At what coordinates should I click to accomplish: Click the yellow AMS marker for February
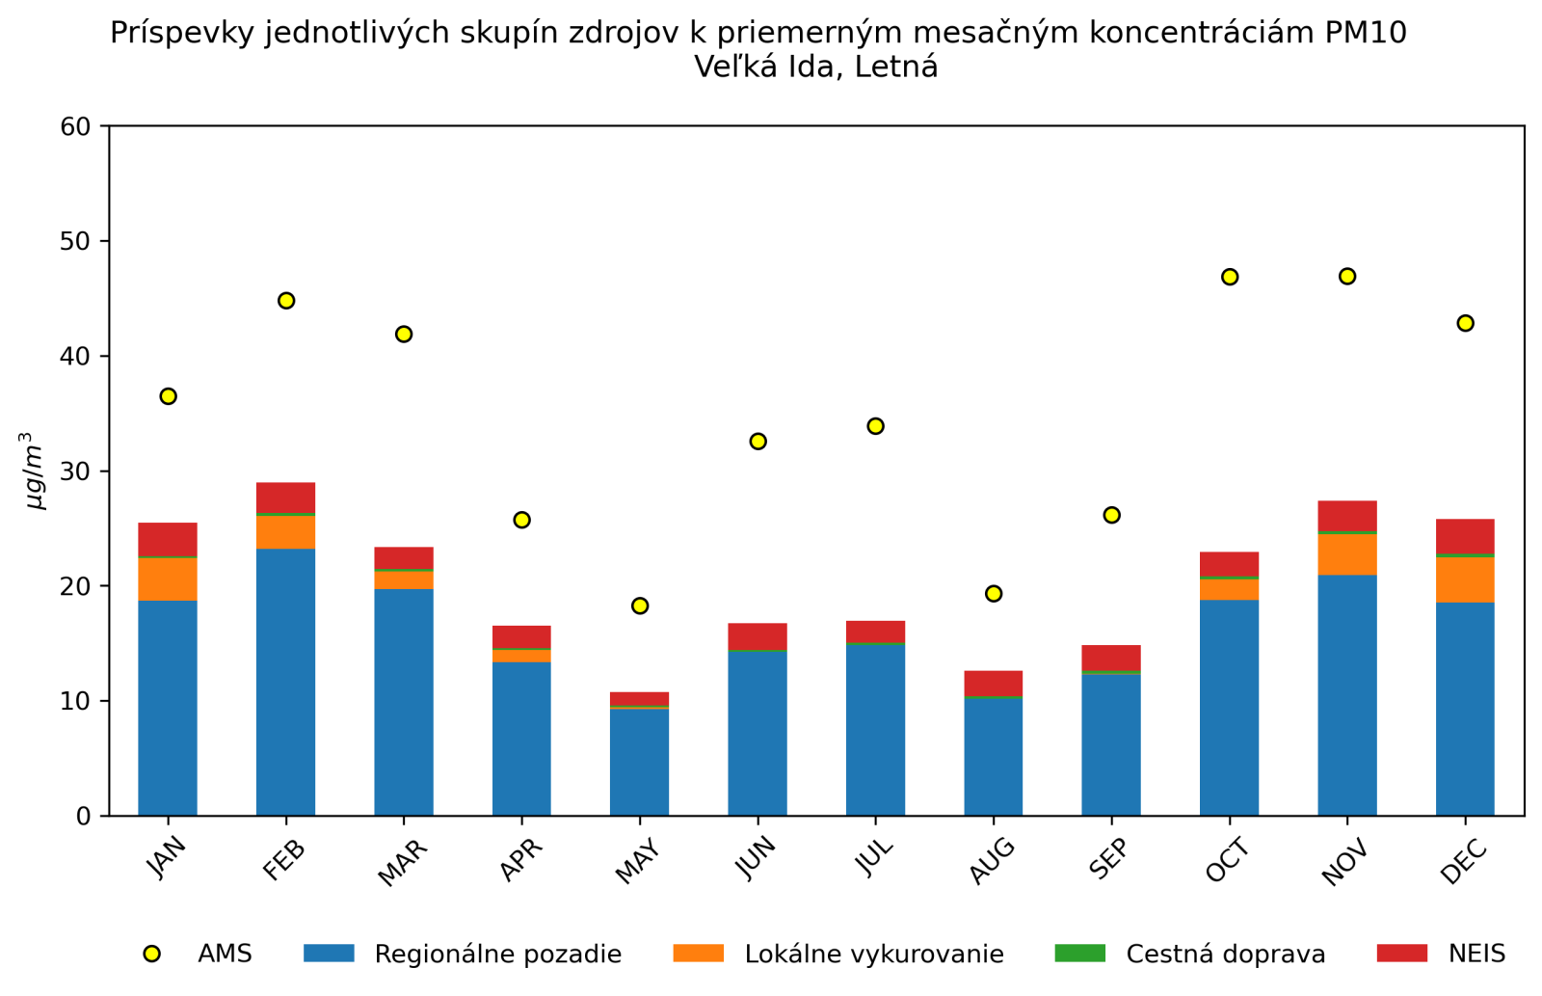pyautogui.click(x=286, y=301)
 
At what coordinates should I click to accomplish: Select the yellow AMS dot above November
pyautogui.click(x=1347, y=277)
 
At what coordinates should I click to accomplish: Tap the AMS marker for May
pyautogui.click(x=640, y=606)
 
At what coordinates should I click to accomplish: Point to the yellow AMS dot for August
pyautogui.click(x=994, y=594)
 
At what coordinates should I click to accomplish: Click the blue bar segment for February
pyautogui.click(x=286, y=682)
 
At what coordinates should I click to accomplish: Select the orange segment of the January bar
pyautogui.click(x=168, y=579)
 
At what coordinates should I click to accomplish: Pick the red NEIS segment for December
pyautogui.click(x=1465, y=536)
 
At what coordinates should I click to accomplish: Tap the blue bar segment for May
pyautogui.click(x=640, y=762)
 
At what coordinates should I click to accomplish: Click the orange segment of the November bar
pyautogui.click(x=1347, y=554)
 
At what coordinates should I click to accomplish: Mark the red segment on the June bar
pyautogui.click(x=758, y=636)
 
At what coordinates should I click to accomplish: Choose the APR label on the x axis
pyautogui.click(x=520, y=860)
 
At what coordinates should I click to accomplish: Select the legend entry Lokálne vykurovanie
pyautogui.click(x=873, y=955)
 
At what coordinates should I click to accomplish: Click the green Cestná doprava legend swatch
pyautogui.click(x=1079, y=954)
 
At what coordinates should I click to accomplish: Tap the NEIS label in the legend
pyautogui.click(x=1476, y=955)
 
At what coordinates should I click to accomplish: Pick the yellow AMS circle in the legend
pyautogui.click(x=151, y=954)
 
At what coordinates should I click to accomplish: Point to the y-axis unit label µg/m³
pyautogui.click(x=36, y=471)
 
